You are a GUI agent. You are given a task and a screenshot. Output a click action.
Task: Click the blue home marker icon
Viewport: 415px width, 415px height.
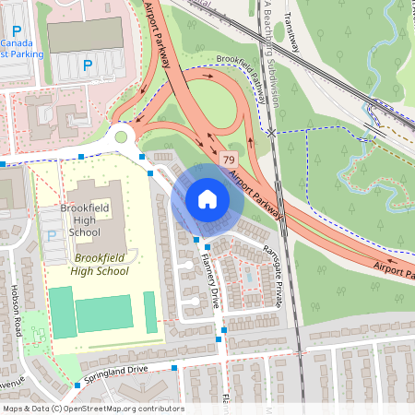tap(207, 198)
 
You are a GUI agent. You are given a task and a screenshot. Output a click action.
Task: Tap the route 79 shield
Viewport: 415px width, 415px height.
tap(227, 160)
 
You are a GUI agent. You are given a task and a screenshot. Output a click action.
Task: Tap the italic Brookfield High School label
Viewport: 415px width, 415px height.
tap(102, 266)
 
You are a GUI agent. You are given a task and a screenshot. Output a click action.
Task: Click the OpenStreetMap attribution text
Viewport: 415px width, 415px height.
tap(93, 409)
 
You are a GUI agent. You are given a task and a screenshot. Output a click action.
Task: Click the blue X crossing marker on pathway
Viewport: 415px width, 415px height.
tap(271, 133)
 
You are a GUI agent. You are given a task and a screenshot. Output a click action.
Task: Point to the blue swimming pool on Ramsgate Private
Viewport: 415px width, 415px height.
tap(247, 275)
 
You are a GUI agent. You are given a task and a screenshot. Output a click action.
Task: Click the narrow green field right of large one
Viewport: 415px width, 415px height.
tap(150, 312)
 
